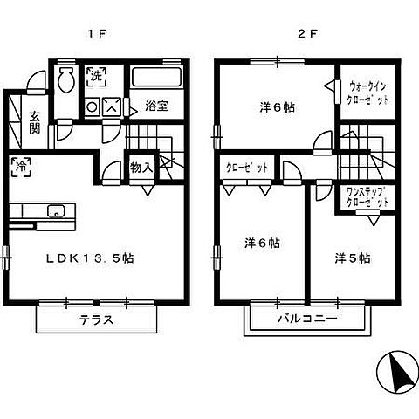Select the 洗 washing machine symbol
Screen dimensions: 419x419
96,76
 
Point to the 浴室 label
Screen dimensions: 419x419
156,104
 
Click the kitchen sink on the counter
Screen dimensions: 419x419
56,211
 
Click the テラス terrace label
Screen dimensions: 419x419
98,319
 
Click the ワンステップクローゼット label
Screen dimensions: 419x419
367,197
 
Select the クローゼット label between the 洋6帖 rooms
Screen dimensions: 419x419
247,168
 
